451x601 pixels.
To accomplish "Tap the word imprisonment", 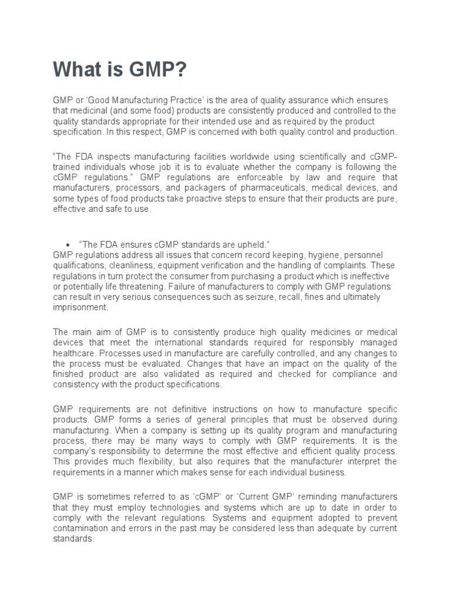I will pos(80,308).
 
